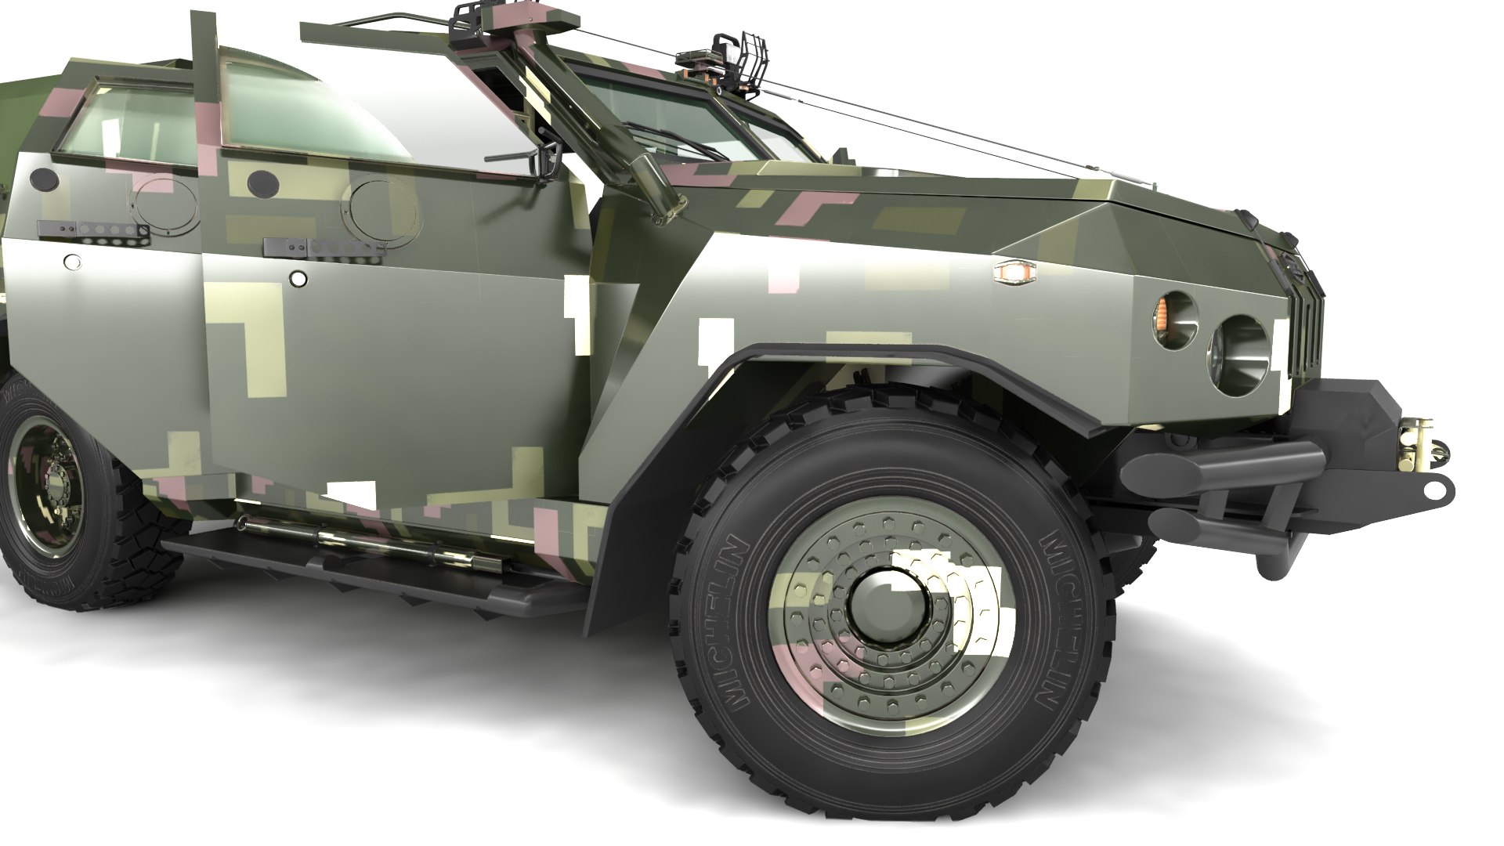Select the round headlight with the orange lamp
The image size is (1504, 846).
click(1173, 321)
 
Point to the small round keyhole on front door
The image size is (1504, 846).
click(298, 278)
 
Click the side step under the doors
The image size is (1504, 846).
click(376, 568)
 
